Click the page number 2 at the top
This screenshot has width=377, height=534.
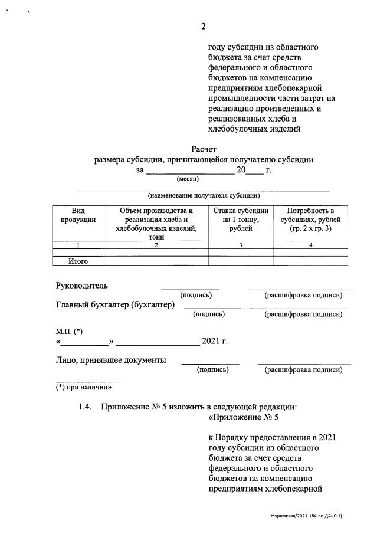pos(204,26)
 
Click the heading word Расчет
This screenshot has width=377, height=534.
pos(204,149)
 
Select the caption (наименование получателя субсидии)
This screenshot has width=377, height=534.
pos(204,195)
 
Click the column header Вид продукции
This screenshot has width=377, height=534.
pos(78,215)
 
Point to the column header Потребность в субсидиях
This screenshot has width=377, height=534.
pos(310,220)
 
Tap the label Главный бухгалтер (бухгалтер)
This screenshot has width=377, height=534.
pos(116,304)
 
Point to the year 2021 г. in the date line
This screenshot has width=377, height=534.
pos(215,341)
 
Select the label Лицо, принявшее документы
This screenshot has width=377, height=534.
pos(110,360)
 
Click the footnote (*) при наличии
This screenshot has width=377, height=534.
pos(84,388)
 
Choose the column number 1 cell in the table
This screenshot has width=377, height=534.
pos(78,245)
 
